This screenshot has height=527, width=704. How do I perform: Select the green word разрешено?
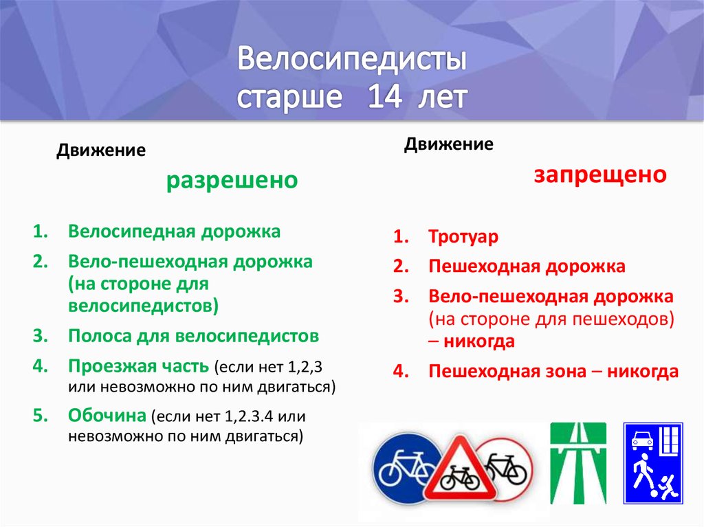point(233,181)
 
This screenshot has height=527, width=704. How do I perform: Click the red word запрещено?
point(600,174)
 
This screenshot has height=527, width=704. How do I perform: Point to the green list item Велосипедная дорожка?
point(174,232)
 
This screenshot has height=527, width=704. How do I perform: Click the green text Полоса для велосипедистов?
point(193,336)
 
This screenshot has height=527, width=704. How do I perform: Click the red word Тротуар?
point(463,237)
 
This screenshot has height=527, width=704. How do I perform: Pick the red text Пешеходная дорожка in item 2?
point(527,267)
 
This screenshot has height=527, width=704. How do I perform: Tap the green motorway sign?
point(577,463)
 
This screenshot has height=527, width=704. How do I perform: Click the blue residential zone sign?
point(652,464)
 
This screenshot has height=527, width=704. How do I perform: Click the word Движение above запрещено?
point(448,144)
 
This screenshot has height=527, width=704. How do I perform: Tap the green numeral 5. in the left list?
point(41,416)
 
